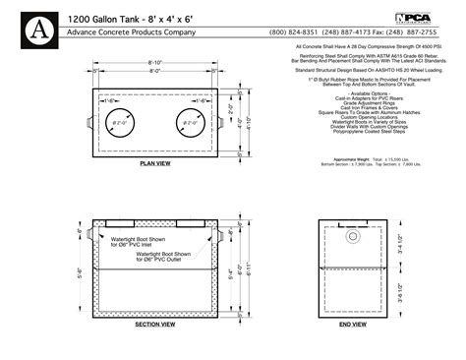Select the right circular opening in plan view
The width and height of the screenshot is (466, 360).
189,125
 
